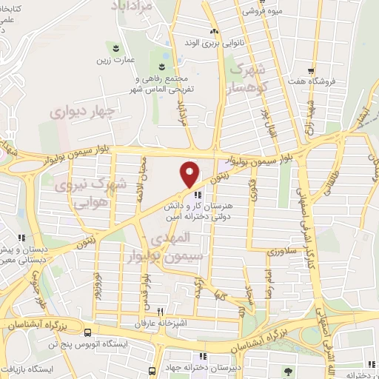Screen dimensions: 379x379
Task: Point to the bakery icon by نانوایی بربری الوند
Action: tap(215, 32)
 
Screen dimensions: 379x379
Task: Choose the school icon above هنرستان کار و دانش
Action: tap(197, 195)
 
